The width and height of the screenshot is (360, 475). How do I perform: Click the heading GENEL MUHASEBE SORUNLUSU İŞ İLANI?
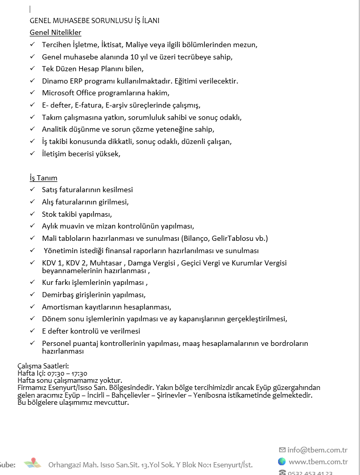click(x=95, y=20)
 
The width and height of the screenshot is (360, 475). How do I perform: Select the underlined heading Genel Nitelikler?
click(x=55, y=33)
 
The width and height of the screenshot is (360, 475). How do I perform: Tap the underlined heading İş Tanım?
click(x=44, y=178)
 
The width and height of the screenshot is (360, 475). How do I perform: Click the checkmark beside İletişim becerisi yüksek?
click(x=33, y=153)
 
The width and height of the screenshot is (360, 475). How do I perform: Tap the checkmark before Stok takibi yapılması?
click(x=33, y=214)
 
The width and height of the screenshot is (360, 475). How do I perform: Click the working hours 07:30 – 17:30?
click(x=68, y=373)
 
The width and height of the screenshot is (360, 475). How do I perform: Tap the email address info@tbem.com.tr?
click(x=317, y=450)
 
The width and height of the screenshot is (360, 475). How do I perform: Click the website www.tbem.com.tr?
click(x=318, y=462)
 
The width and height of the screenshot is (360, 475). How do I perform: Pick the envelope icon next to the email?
click(x=282, y=450)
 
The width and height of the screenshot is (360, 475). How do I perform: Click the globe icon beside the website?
click(x=282, y=462)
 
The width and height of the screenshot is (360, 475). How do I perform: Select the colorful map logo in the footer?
click(x=32, y=464)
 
